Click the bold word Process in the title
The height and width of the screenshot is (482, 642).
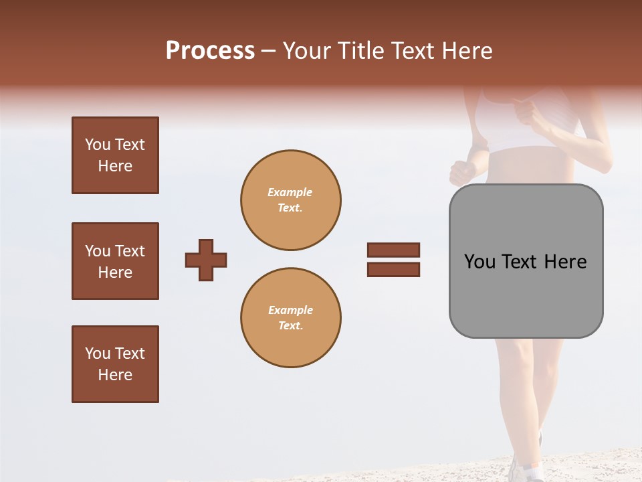210,51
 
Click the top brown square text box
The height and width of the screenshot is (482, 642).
115,155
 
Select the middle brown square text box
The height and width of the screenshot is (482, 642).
115,261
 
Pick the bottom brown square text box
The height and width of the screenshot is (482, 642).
115,364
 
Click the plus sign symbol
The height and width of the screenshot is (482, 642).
206,260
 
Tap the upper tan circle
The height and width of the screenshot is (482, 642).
290,200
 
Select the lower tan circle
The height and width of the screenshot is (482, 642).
290,318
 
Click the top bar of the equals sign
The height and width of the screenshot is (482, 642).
393,250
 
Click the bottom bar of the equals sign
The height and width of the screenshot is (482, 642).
393,270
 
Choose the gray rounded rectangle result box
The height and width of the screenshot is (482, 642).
526,261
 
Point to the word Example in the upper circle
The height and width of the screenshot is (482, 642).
290,192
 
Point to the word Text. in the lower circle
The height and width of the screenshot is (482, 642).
290,326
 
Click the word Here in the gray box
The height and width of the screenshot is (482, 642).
566,262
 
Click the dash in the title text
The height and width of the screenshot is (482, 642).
269,52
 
